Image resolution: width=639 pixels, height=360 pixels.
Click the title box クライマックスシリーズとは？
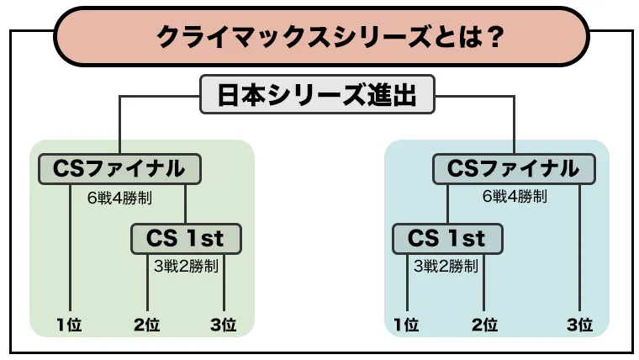(321, 37)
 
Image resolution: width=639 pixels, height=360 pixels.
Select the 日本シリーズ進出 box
(317, 94)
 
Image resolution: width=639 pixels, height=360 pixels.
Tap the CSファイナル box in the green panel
(119, 169)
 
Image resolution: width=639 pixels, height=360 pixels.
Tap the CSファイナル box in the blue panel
(514, 169)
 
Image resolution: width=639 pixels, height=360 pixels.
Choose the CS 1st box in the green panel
(186, 239)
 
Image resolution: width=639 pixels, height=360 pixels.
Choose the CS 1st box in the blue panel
(447, 239)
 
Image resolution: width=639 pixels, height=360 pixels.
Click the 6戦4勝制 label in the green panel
(119, 199)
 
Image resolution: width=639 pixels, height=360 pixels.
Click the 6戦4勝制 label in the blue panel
(515, 197)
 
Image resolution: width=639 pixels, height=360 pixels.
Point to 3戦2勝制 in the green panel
(186, 267)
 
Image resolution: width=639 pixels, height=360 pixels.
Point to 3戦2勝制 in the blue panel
(446, 267)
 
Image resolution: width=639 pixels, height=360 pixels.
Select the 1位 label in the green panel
(69, 325)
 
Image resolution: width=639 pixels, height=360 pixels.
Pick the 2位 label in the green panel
(146, 325)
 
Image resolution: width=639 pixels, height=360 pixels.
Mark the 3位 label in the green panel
(224, 325)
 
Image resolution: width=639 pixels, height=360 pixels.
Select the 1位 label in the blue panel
(406, 325)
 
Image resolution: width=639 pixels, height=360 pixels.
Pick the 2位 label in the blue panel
(484, 325)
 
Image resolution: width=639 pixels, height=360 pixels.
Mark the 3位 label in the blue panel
(579, 325)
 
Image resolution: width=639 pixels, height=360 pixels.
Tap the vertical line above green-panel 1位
(70, 248)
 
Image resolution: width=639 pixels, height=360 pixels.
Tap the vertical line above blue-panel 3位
(579, 248)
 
